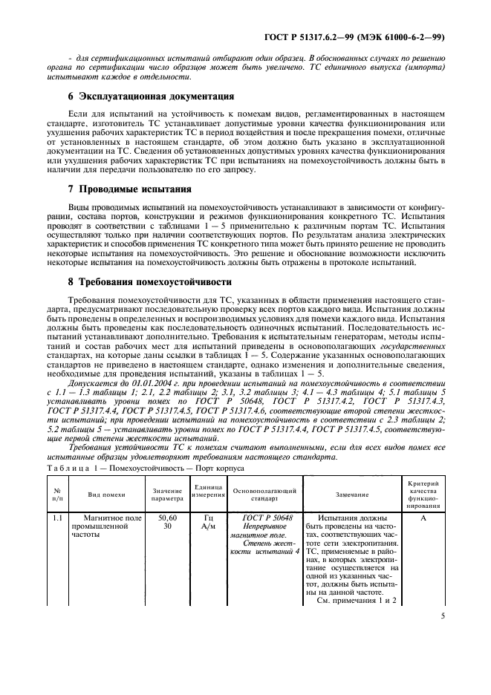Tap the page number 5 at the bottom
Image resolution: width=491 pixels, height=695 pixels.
(x=442, y=615)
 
